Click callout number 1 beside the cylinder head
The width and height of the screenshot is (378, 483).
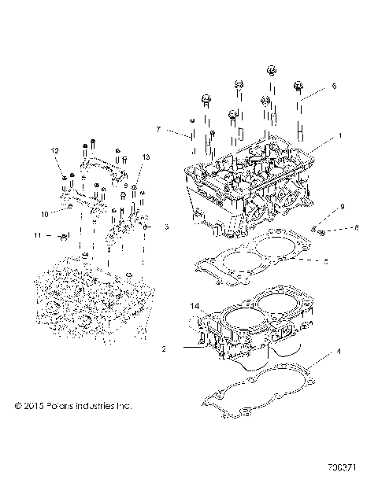pos(340,136)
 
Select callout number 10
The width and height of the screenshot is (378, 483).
pos(44,214)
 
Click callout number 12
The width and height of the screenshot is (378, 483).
pos(56,150)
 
